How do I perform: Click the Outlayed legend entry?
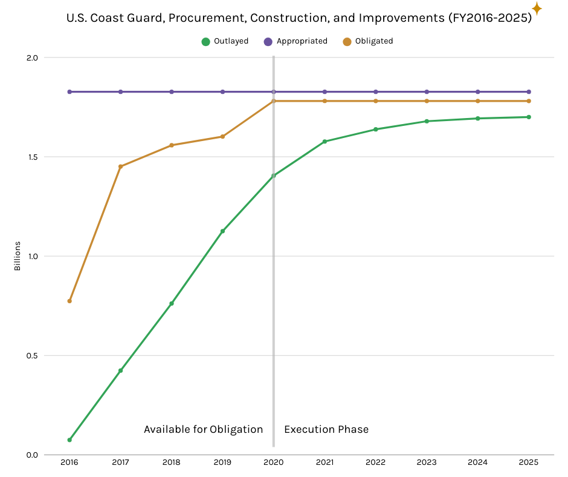point(225,41)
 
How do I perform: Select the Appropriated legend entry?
point(295,41)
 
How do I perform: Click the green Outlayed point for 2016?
point(69,440)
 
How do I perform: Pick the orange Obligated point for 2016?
point(69,301)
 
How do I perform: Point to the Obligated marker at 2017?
point(120,166)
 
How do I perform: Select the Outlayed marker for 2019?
point(222,231)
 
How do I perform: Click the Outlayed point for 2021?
point(324,142)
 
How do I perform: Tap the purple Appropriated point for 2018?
point(172,92)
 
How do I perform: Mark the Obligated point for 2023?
point(427,101)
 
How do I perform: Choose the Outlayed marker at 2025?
point(529,117)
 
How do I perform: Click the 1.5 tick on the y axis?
point(31,157)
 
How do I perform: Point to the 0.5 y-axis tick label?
point(31,355)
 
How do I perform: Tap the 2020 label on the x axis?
point(274,462)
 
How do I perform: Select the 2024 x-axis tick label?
point(478,462)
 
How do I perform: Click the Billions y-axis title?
point(18,256)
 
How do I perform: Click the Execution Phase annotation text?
point(326,429)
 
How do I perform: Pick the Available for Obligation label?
point(203,429)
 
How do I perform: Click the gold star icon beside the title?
point(537,8)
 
